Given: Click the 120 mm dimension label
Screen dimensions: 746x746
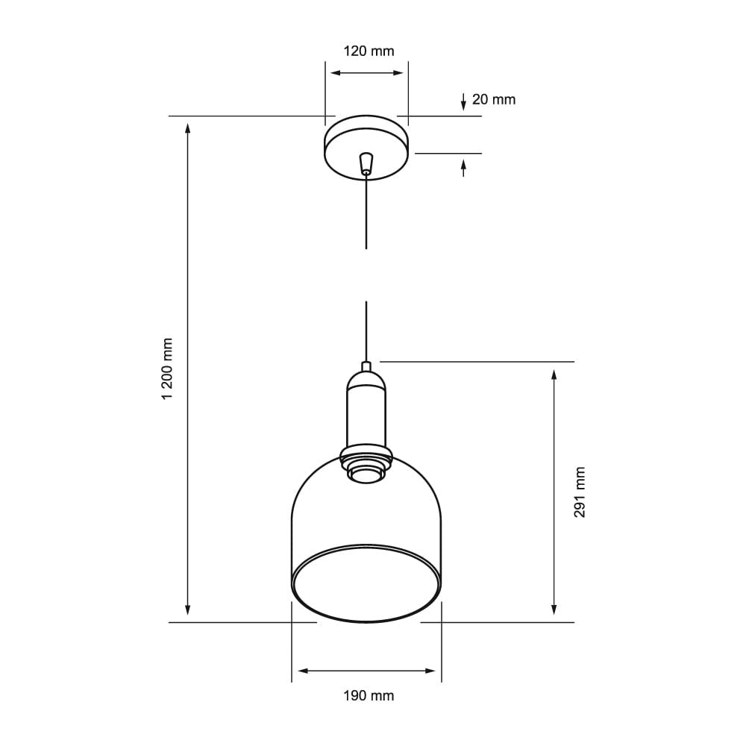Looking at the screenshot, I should click(x=369, y=51).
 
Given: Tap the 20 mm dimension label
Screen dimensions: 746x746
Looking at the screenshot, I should click(x=494, y=99).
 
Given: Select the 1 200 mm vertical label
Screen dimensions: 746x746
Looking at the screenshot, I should click(x=167, y=369).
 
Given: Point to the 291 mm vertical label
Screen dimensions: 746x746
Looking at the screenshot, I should click(x=580, y=492).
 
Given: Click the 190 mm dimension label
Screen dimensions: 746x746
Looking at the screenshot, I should click(x=369, y=696).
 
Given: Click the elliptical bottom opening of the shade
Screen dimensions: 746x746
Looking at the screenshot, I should click(x=366, y=583).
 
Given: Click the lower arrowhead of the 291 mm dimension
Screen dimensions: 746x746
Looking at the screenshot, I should click(x=554, y=609).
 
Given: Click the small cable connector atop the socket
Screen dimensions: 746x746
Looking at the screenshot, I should click(x=366, y=366).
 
